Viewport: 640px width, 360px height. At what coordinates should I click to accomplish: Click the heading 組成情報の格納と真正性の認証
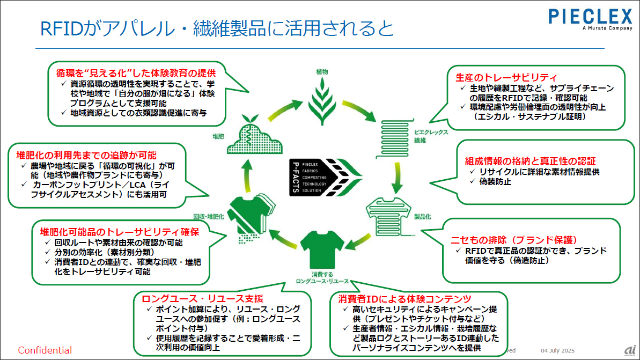tap(530, 161)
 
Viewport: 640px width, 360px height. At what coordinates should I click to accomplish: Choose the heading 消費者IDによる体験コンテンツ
tap(404, 298)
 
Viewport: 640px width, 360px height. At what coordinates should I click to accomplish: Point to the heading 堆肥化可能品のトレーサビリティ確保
tap(120, 232)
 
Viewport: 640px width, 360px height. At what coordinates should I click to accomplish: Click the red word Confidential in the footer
tap(45, 350)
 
